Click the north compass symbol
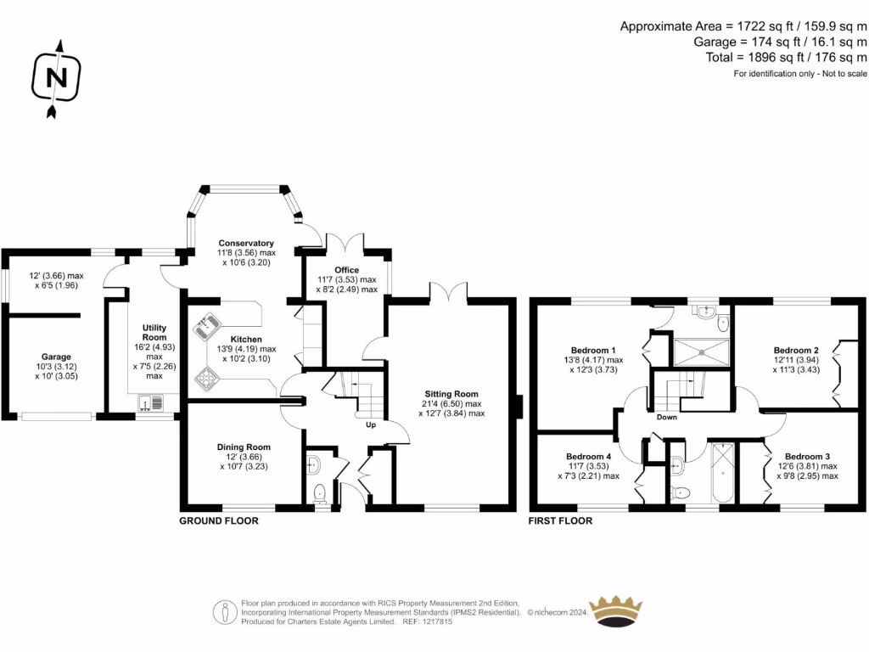57,78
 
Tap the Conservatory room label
246,243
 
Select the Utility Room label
154,332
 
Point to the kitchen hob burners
208,377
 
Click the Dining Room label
244,447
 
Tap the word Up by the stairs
371,424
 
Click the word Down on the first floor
666,417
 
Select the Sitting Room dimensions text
451,408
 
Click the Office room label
346,270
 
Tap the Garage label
57,357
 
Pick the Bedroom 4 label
588,456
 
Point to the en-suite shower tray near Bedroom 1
700,351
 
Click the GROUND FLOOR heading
218,520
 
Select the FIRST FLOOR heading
560,520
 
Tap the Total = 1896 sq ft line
787,58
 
